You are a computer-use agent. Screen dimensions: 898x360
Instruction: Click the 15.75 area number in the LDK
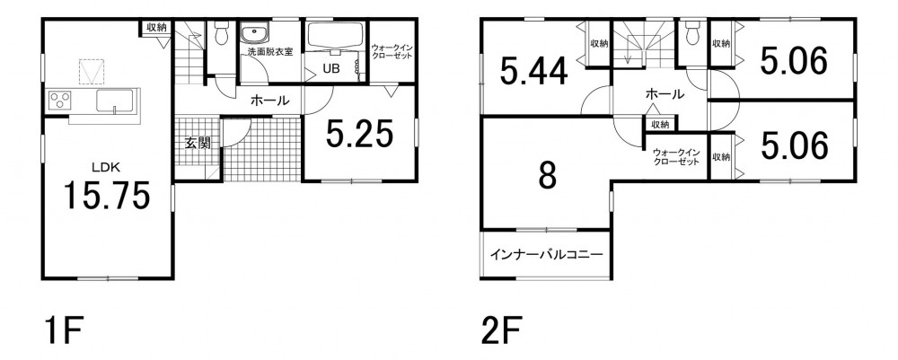click(107, 195)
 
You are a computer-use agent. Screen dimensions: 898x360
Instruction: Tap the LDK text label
click(106, 168)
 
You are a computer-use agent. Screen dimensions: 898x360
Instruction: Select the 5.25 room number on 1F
click(359, 135)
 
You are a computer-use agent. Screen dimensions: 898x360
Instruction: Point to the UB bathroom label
click(330, 67)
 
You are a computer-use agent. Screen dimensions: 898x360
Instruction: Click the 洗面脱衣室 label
click(269, 51)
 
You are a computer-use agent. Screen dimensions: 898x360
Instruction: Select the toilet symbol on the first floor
click(221, 32)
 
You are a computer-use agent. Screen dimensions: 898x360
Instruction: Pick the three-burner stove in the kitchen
click(60, 101)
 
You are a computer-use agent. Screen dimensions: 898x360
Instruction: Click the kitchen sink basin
click(115, 101)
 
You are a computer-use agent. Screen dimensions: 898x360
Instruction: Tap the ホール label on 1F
click(269, 101)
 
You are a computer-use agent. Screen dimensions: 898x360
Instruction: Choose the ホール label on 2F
click(665, 94)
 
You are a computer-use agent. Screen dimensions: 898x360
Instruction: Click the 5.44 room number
click(533, 72)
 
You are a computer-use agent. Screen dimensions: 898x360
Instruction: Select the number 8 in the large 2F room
click(547, 176)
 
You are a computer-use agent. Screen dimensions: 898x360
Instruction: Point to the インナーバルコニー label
click(546, 253)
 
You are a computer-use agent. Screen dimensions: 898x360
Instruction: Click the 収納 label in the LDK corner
click(155, 26)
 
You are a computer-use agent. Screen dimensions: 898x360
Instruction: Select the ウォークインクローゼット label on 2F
click(676, 157)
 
